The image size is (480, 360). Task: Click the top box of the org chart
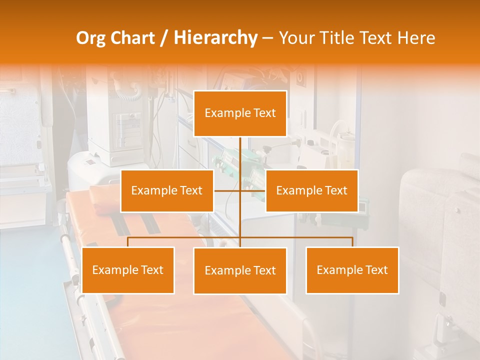[240, 113]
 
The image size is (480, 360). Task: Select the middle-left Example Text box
[167, 190]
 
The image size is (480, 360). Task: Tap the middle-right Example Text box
[311, 190]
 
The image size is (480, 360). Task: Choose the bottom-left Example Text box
[128, 270]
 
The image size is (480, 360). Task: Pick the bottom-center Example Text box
[240, 270]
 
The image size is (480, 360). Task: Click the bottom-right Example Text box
[352, 270]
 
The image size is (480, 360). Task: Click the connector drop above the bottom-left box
[128, 242]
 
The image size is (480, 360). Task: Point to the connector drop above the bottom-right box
[352, 242]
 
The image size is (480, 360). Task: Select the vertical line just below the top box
[240, 150]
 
